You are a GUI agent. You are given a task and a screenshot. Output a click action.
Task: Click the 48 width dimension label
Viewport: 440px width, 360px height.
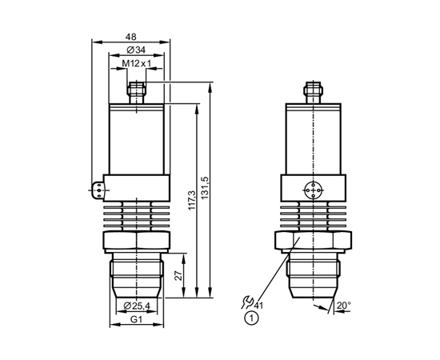click(130, 37)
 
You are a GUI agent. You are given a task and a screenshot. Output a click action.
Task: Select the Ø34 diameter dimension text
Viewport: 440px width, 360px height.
click(136, 50)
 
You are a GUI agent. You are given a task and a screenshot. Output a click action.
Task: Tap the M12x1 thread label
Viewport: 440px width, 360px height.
click(136, 64)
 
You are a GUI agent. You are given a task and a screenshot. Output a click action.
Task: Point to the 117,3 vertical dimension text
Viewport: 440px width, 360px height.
click(192, 200)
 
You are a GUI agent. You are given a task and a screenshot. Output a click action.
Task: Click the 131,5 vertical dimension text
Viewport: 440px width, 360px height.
click(205, 188)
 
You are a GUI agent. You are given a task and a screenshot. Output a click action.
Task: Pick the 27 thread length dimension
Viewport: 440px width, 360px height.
click(178, 276)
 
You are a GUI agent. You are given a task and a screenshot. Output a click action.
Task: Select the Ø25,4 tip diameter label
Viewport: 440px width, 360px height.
click(137, 306)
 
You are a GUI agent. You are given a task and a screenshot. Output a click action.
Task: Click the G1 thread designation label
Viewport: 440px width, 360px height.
click(137, 319)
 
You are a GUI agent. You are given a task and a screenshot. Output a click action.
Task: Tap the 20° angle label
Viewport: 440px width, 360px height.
click(344, 306)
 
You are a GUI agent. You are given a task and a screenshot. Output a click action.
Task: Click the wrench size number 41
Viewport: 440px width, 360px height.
click(258, 306)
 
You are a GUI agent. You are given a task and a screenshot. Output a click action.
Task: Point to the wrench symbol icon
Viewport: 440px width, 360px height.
click(247, 302)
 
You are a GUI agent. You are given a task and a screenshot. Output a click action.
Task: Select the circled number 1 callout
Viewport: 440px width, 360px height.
click(251, 318)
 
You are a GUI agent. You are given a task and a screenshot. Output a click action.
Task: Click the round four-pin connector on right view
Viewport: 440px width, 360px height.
click(313, 190)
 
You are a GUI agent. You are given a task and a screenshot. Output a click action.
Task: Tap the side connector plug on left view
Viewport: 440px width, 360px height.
click(98, 190)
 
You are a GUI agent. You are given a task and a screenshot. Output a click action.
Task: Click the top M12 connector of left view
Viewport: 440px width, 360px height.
click(136, 93)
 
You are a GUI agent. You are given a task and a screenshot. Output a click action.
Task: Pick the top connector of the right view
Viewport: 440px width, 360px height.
click(313, 93)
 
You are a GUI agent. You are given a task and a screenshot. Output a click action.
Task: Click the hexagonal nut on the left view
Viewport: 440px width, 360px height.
click(137, 241)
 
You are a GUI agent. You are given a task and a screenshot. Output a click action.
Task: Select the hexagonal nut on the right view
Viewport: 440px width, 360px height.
click(313, 241)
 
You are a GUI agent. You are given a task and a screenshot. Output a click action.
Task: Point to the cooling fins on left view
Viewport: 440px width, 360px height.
click(137, 216)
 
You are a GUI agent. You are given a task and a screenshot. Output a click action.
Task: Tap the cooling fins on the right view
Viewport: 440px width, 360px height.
click(313, 216)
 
